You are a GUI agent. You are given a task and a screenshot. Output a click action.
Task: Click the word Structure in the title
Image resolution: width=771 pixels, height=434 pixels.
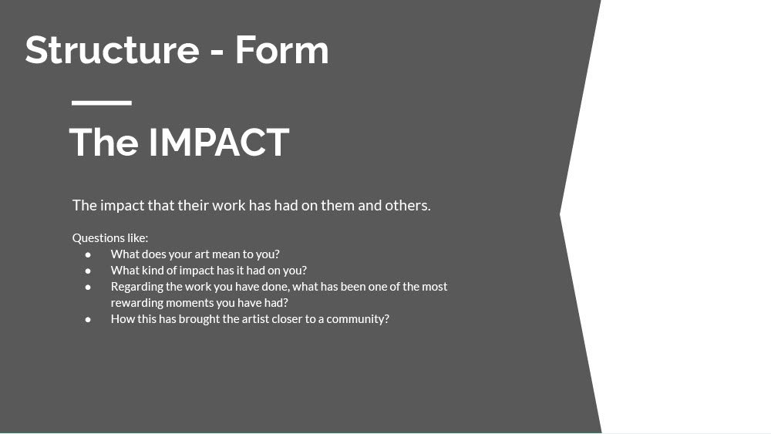point(112,49)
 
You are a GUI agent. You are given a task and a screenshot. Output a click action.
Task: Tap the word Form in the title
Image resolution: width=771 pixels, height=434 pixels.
point(281,49)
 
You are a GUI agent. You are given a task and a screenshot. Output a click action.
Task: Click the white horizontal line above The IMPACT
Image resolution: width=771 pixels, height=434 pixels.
point(102,103)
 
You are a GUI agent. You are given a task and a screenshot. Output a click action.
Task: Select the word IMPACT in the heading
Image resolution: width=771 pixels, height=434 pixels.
point(219,142)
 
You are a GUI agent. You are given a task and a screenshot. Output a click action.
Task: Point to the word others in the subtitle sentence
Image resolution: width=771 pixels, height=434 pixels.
point(408,205)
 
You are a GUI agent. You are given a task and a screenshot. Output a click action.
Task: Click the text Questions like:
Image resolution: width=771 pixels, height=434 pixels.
point(110,238)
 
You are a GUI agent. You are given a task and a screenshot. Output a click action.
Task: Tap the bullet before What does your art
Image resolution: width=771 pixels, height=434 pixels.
point(88,254)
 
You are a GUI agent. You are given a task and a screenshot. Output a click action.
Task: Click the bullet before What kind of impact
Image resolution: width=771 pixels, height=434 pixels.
point(88,271)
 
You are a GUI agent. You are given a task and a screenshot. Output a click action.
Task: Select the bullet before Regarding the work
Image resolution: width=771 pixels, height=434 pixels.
point(88,287)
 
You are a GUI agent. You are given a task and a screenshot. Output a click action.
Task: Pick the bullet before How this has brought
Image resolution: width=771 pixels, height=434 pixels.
point(88,319)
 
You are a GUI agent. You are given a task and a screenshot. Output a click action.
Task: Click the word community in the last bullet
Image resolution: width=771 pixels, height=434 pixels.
point(358,319)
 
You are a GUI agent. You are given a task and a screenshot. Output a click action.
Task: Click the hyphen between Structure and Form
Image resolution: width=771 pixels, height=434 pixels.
point(217,52)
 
